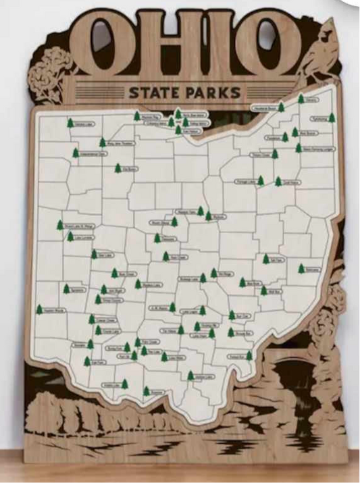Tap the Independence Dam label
point(93,154)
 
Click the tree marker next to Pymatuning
point(332,118)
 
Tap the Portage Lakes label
point(246,181)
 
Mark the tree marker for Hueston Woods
point(39,309)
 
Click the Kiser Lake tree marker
point(94,255)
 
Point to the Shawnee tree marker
point(147,390)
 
